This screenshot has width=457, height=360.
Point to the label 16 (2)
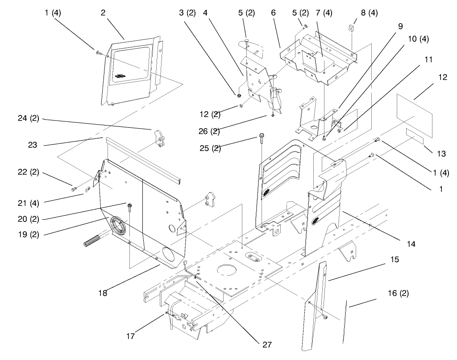pyautogui.click(x=398, y=293)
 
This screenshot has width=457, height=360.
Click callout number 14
pyautogui.click(x=411, y=244)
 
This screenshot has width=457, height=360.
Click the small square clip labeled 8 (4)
pyautogui.click(x=351, y=29)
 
